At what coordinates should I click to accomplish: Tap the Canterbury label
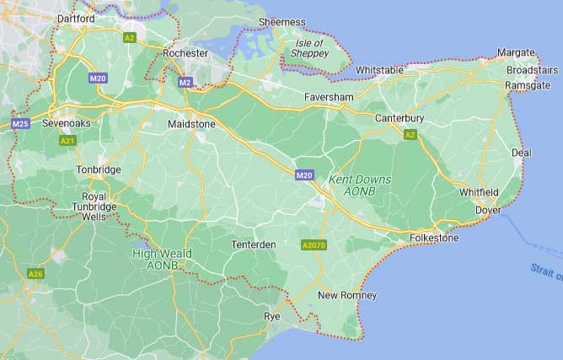tap(399, 118)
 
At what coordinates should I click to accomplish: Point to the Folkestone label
tap(433, 239)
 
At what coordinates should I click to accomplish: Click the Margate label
tap(516, 52)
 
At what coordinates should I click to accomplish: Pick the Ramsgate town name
tap(527, 86)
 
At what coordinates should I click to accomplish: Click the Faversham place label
tap(329, 98)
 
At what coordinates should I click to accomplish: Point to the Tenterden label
tap(254, 244)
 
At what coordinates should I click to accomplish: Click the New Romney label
tap(347, 295)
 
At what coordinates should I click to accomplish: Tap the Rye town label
tap(271, 315)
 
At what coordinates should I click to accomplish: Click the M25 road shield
tap(21, 124)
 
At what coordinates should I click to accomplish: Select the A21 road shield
tap(68, 141)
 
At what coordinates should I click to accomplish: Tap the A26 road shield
tap(35, 274)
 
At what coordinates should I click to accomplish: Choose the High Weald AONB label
tap(162, 259)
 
